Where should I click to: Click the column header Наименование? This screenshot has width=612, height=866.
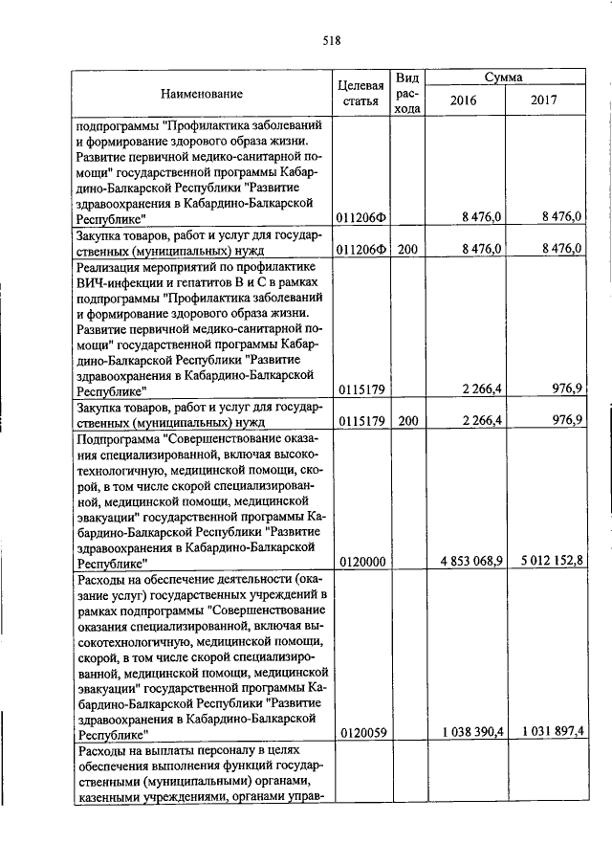coord(201,94)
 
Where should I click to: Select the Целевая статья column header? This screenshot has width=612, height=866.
coord(361,94)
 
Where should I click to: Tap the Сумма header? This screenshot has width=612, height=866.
coord(503,77)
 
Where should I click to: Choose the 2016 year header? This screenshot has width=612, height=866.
coord(463,102)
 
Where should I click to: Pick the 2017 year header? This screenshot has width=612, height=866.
coord(544,102)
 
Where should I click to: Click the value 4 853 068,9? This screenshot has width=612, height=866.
coord(466,561)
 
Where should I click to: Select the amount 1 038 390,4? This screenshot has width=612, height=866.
coord(466,732)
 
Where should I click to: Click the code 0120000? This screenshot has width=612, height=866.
coord(361,562)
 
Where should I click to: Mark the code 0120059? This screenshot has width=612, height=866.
coord(361,733)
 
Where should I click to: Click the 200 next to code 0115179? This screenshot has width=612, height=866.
coord(407,419)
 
